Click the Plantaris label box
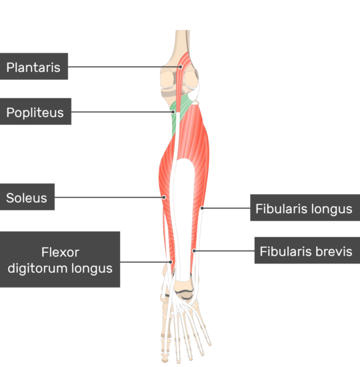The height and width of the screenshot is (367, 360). pos(34,66)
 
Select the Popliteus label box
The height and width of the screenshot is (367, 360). pos(35,111)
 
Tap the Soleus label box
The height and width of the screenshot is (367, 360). pos(27,197)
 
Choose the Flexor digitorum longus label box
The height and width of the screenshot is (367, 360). pos(60,260)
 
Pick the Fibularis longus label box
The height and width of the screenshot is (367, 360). pos(305,208)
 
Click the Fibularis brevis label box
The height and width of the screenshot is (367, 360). pos(307,250)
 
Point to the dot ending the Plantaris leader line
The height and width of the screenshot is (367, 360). pos(181,67)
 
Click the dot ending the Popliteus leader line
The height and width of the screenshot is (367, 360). pos(173,112)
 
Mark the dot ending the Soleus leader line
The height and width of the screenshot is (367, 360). pos(164,198)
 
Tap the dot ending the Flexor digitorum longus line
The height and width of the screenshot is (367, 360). pos(171,262)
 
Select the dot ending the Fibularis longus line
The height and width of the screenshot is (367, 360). pos(202,208)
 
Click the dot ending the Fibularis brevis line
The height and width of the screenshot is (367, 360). pos(194,251)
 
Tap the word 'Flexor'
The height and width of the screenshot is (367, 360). pos(61,252)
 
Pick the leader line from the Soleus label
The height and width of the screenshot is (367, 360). pos(109,198)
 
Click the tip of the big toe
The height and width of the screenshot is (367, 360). pos(165,358)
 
